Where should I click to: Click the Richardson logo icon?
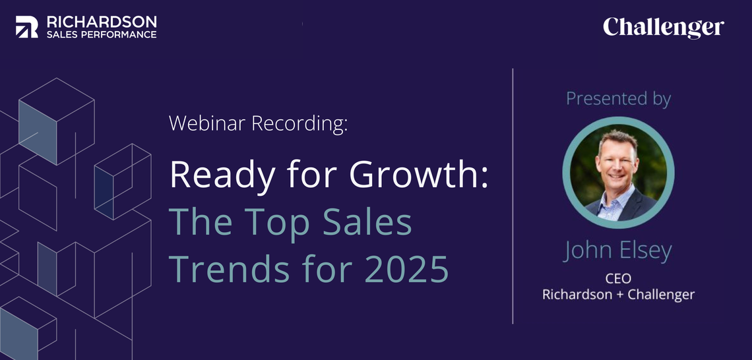tap(27, 27)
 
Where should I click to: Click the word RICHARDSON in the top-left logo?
tap(102, 22)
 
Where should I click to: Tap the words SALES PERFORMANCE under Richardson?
tap(102, 34)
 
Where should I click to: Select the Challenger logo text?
tap(663, 28)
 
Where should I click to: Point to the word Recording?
tap(299, 124)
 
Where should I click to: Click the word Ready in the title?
tap(222, 175)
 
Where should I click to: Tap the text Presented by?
tap(618, 99)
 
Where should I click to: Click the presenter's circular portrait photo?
tap(618, 173)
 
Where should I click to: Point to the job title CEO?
tap(618, 278)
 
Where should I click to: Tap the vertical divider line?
tap(513, 196)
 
